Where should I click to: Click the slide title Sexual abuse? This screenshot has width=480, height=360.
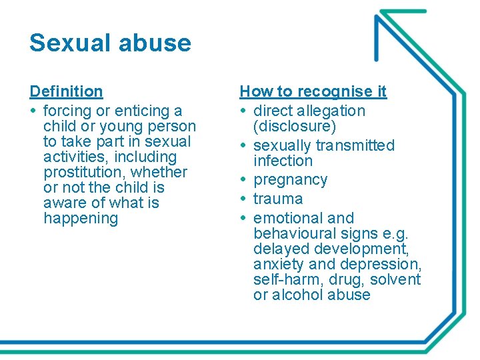point(110,43)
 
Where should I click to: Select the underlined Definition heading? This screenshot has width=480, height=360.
point(66,91)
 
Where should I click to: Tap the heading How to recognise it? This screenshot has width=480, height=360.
point(313,91)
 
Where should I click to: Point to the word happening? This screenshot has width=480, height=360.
point(81,218)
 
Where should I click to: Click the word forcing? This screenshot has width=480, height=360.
point(68,111)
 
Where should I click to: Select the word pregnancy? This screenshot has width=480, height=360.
point(291,180)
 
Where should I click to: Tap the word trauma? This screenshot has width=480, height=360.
point(278,199)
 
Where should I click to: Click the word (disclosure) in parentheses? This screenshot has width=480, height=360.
point(295,126)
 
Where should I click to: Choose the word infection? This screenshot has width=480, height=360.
point(283,161)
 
